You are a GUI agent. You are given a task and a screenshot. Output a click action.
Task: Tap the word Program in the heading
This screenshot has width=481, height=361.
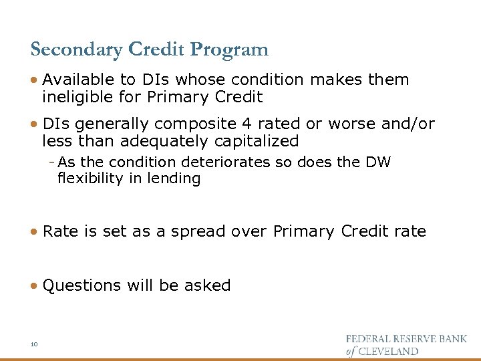[229, 50]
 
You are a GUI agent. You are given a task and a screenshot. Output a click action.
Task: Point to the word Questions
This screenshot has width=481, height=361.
[79, 286]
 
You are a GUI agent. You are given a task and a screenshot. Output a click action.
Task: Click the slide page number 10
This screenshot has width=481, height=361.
[34, 344]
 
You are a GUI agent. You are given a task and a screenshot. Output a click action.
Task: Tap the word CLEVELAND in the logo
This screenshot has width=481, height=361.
[389, 351]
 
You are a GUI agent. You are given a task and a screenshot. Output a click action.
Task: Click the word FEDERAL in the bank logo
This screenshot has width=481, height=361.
[370, 339]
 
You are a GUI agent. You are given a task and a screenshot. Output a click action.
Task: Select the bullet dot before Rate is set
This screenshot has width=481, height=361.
[34, 232]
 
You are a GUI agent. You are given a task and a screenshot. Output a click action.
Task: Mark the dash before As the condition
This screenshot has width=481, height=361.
[52, 162]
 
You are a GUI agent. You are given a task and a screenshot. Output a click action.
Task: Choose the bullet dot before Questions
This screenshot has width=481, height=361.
[34, 286]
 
